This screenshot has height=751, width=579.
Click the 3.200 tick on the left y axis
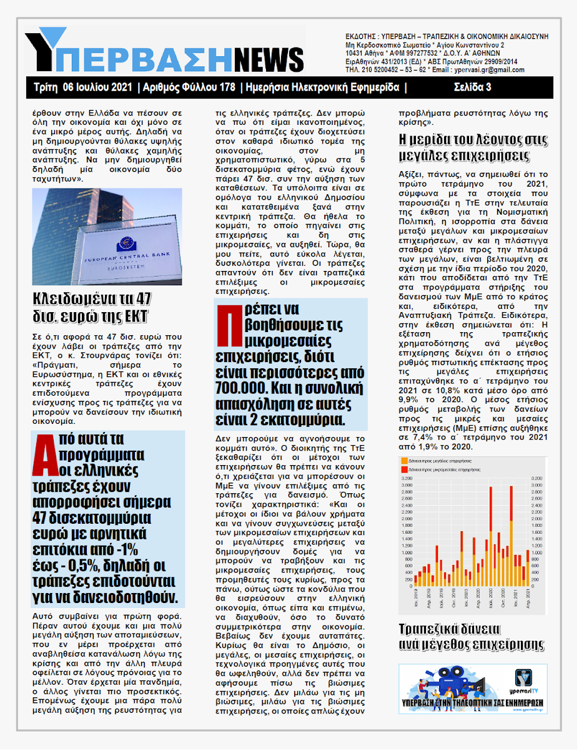[x=407, y=478]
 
